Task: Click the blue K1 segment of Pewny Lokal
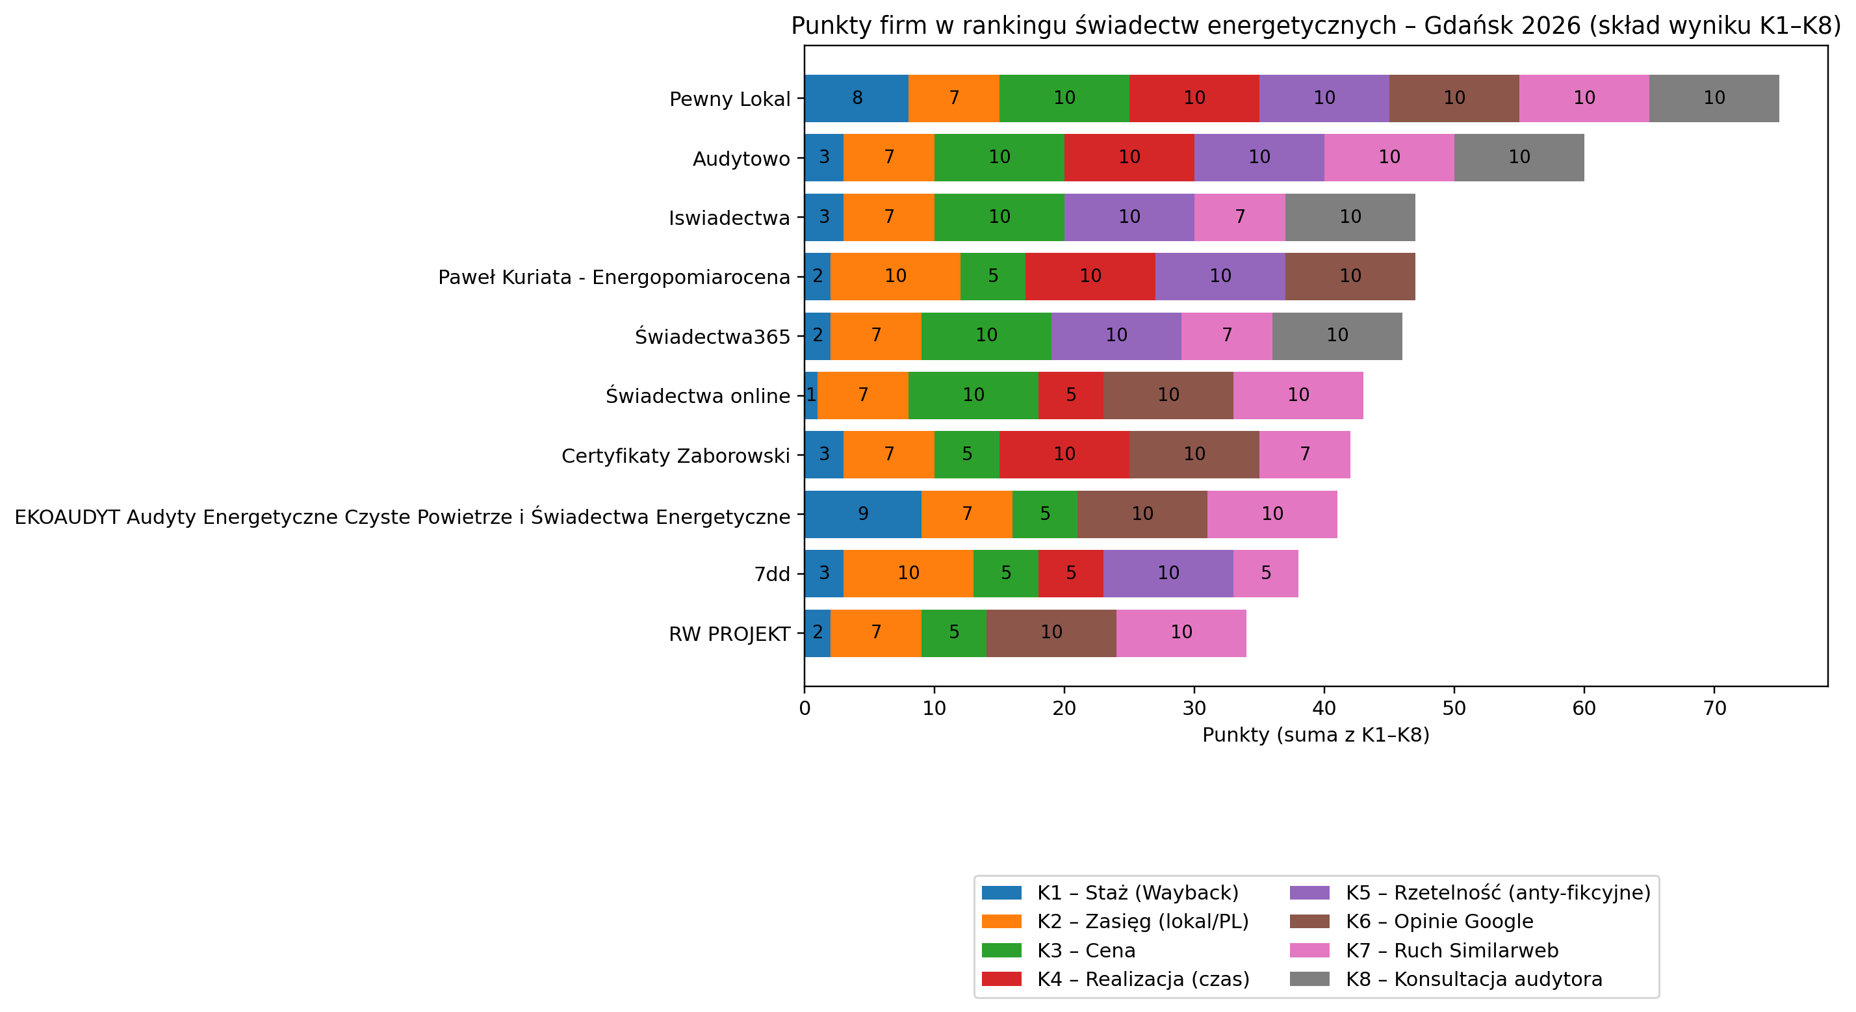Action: coord(856,98)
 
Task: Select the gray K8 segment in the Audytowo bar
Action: coord(1519,157)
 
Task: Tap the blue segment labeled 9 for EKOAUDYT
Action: coord(862,514)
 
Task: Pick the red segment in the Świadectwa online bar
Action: coord(1071,395)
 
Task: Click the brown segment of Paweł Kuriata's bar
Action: coord(1350,276)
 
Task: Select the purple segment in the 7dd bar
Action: coord(1168,573)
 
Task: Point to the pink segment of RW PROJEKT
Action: coord(1181,633)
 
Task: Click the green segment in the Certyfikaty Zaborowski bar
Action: coord(967,454)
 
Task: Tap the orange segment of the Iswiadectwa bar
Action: coord(888,217)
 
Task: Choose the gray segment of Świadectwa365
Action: coord(1337,336)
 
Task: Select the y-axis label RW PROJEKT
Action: coord(729,634)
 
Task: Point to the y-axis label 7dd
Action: coord(771,575)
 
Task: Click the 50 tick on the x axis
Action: coord(1454,708)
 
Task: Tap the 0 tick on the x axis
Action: coord(805,708)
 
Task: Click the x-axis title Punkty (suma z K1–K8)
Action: coord(1315,735)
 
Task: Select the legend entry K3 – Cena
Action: coord(1085,951)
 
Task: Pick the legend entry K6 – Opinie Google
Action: coord(1439,922)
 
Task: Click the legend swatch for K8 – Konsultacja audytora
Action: coord(1309,979)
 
